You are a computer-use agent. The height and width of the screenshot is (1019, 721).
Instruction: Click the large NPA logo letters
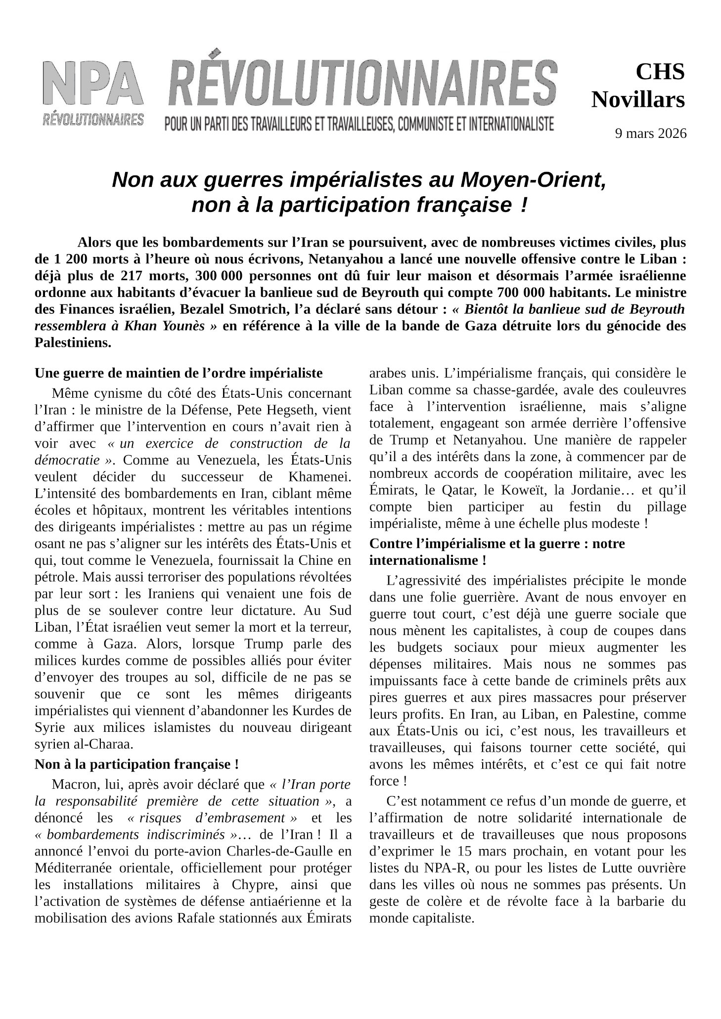pyautogui.click(x=93, y=84)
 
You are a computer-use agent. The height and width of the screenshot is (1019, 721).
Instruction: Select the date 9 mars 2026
pyautogui.click(x=650, y=133)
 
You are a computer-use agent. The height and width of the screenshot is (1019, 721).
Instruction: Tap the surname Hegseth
pyautogui.click(x=290, y=410)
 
